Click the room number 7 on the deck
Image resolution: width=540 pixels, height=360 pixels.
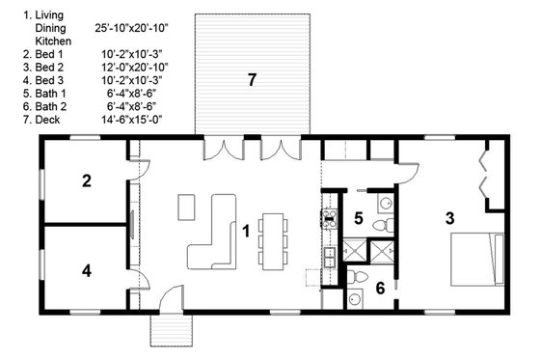252,80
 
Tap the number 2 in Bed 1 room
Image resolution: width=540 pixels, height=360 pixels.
86,180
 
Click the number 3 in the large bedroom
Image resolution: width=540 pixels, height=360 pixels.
449,218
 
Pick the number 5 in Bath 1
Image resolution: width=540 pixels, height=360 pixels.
358,219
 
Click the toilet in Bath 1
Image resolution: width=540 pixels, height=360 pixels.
386,224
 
